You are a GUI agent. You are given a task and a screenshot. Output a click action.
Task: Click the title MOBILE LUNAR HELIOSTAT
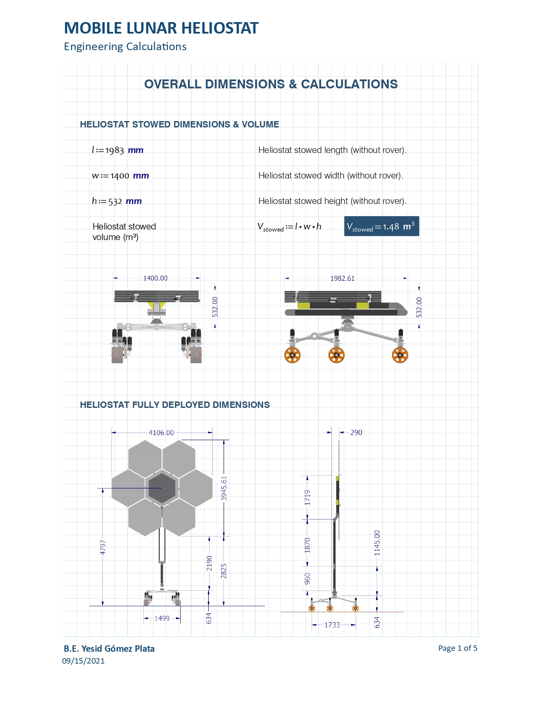[x=161, y=28]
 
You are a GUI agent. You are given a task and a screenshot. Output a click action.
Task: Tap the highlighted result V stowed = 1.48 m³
[x=381, y=226]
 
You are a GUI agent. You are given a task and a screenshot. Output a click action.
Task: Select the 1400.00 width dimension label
[x=155, y=278]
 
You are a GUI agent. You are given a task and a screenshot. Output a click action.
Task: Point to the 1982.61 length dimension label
[x=342, y=278]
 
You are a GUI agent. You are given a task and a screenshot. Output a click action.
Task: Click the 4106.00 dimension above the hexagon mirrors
[x=161, y=432]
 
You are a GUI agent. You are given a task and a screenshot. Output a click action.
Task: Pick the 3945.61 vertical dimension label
[x=224, y=488]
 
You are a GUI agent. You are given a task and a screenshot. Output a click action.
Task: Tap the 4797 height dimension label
[x=102, y=547]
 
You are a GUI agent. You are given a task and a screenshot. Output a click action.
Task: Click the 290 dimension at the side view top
[x=356, y=432]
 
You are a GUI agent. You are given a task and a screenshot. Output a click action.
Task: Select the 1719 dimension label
[x=307, y=497]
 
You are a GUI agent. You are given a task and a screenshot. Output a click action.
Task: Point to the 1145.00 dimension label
[x=377, y=543]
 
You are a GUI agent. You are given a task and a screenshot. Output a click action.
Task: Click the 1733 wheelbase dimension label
[x=332, y=625]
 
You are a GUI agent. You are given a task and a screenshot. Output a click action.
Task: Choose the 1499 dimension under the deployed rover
[x=162, y=618]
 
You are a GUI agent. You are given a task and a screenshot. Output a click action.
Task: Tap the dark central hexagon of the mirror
[x=162, y=488]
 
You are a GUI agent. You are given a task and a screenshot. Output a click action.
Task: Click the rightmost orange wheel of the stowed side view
[x=400, y=355]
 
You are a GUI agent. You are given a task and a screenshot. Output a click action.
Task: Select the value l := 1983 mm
[x=118, y=150]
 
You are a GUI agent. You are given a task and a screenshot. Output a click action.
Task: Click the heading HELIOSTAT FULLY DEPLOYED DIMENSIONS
[x=175, y=405]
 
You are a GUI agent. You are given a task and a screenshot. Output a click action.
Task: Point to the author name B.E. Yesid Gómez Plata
[x=109, y=649]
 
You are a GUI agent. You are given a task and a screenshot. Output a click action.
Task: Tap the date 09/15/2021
[x=83, y=661]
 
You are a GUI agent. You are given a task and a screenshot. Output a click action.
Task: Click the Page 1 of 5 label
[x=458, y=648]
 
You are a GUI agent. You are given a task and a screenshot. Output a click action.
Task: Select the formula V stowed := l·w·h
[x=289, y=227]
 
